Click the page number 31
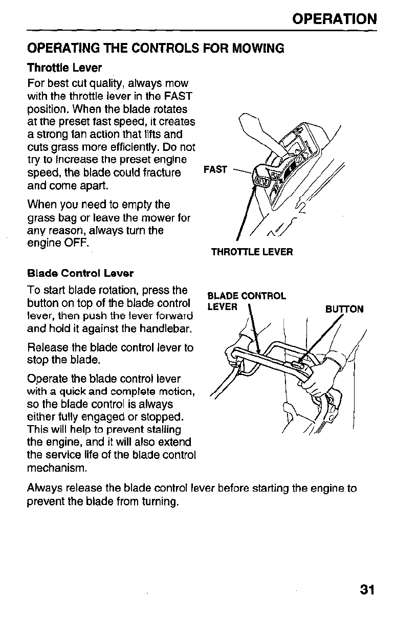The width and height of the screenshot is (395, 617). pos(367,590)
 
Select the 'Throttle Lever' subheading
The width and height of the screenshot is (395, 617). pos(64,68)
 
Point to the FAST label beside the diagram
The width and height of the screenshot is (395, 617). pos(215,169)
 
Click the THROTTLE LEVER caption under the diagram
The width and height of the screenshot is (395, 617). pos(252,252)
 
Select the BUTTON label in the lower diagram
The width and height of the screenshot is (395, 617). pos(344,309)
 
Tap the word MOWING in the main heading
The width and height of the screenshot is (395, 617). pos(258,49)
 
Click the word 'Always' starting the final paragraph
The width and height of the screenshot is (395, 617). pos(42,488)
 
